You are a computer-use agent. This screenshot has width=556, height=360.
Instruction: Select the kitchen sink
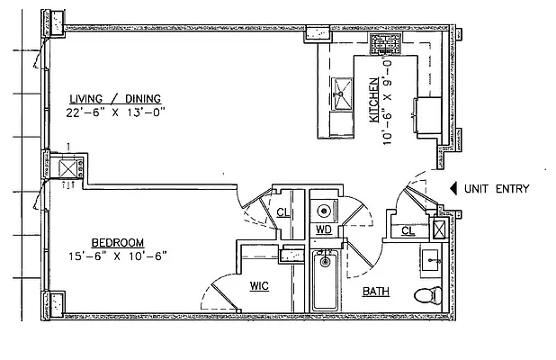pos(342,92)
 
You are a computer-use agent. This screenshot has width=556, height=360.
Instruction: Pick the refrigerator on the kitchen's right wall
pos(428,115)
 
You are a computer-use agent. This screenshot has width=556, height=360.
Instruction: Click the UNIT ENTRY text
pos(497,189)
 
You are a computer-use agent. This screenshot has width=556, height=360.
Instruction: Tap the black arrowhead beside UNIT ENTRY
pos(452,189)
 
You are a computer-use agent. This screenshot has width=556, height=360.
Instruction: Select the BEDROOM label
pos(121,242)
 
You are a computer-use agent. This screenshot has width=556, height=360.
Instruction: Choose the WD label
pos(324,229)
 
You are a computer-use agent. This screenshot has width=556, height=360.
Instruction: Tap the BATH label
pos(375,292)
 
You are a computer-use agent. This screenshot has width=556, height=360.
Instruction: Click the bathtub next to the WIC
pos(324,281)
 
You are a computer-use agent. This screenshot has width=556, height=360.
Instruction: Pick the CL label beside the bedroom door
pos(282,212)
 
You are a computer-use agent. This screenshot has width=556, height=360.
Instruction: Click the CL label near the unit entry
pos(408,231)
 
